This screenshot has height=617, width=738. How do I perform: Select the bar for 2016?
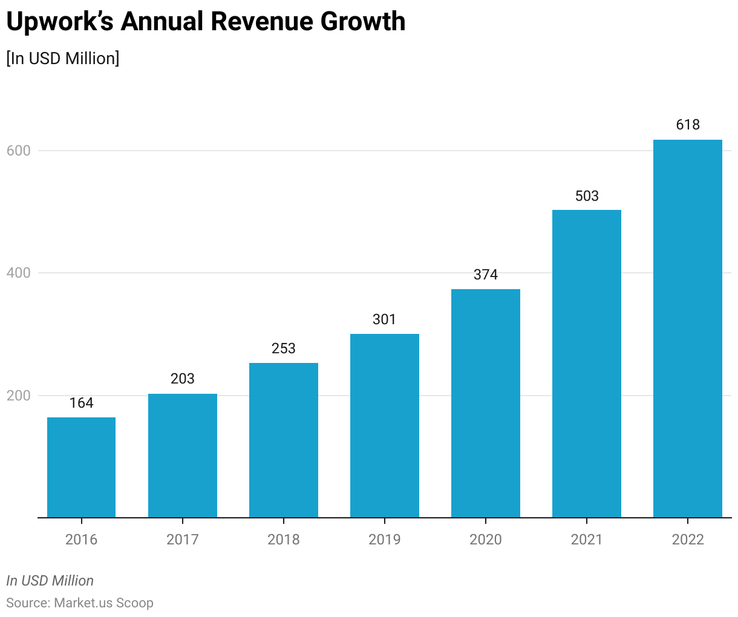coord(81,467)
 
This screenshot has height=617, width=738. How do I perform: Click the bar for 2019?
coord(385,425)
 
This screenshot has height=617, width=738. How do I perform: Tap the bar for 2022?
coord(688,328)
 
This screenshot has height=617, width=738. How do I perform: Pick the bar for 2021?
coord(587,364)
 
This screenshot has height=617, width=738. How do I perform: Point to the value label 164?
coord(81,403)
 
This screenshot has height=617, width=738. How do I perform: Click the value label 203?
coord(183,379)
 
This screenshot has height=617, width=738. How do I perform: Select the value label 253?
coord(284,348)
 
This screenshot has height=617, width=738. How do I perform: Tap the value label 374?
coord(486,275)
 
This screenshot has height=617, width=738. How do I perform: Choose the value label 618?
coord(688,125)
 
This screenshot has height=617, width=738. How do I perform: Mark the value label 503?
coord(587,196)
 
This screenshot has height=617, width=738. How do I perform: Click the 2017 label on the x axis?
coord(183,540)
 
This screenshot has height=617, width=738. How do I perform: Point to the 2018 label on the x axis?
coord(284,540)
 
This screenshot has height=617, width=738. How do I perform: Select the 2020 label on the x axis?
coord(486,540)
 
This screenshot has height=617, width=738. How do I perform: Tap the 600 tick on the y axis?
coord(19,151)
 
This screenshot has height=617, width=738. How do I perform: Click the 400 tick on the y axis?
coord(19,273)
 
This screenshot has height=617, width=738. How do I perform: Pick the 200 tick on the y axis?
coord(19,396)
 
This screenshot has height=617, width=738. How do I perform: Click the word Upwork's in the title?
coord(59,22)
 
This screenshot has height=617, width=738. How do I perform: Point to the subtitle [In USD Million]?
coord(63,59)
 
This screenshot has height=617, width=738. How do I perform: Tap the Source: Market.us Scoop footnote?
coord(80,603)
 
